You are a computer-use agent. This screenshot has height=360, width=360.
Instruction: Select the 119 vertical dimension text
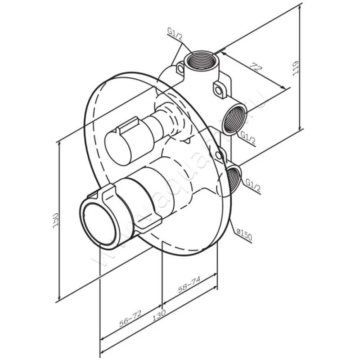pos(295,67)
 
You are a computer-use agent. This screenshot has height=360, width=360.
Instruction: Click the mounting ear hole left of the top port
pos(180,69)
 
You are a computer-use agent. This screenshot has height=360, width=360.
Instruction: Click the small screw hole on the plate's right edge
pos(219,155)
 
